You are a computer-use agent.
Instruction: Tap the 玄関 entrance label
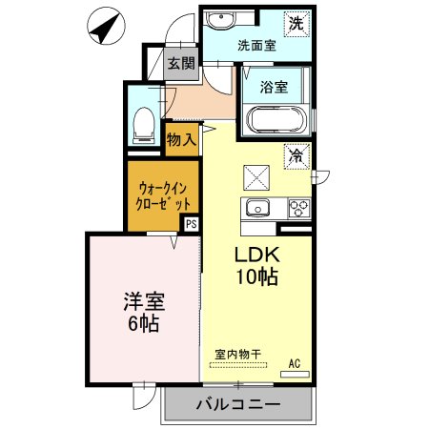(x=181, y=64)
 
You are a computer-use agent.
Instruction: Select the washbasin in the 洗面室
(x=220, y=20)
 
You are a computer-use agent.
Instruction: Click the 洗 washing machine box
(x=296, y=24)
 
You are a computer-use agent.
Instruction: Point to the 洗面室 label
(x=256, y=46)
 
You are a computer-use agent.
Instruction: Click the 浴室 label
(x=274, y=87)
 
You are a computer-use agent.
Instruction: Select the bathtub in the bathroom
(x=276, y=119)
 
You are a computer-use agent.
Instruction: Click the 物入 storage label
(x=181, y=139)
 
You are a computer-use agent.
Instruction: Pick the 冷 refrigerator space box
(x=296, y=156)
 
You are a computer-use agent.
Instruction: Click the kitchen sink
(x=257, y=208)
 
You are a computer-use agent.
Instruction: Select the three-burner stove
(x=299, y=208)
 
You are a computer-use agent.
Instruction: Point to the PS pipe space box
(x=192, y=224)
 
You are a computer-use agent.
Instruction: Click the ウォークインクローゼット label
(x=163, y=196)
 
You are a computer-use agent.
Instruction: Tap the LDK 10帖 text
(x=256, y=266)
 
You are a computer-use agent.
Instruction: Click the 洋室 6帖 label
(x=144, y=313)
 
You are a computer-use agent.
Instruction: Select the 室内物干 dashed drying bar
(x=238, y=365)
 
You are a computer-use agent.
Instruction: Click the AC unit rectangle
(x=295, y=375)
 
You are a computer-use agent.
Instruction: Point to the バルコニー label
(x=238, y=404)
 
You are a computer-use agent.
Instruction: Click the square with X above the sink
(x=256, y=178)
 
